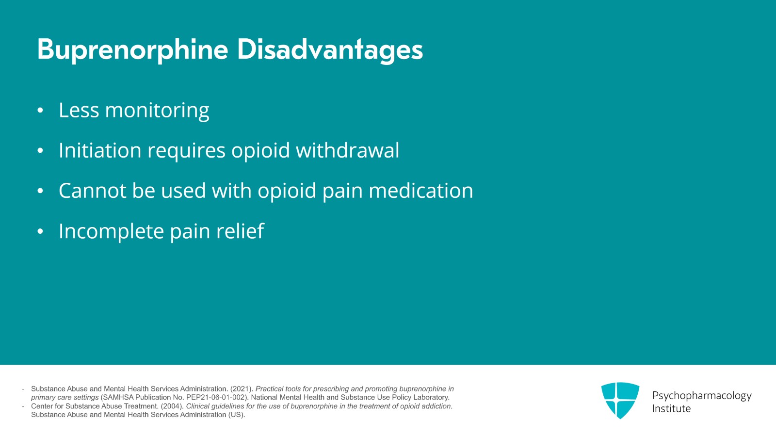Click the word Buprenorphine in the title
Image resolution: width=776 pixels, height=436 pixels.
pyautogui.click(x=133, y=50)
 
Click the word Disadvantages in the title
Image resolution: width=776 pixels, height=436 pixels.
pyautogui.click(x=330, y=50)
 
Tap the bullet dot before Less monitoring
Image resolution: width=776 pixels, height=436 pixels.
pyautogui.click(x=40, y=111)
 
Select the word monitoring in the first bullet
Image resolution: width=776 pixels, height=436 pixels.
pyautogui.click(x=157, y=111)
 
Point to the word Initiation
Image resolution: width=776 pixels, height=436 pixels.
pyautogui.click(x=100, y=150)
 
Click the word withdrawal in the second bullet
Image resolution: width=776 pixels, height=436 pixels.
pyautogui.click(x=347, y=150)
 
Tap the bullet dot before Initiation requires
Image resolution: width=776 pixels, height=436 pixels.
pyautogui.click(x=40, y=151)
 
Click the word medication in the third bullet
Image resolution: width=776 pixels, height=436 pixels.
pyautogui.click(x=421, y=191)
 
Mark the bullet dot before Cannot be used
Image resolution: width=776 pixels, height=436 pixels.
pyautogui.click(x=40, y=191)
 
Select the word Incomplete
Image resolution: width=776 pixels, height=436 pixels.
pyautogui.click(x=111, y=231)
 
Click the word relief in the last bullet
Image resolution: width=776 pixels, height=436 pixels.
pyautogui.click(x=241, y=231)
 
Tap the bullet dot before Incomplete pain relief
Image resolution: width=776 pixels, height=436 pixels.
pyautogui.click(x=40, y=231)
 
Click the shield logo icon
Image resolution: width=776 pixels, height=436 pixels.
pyautogui.click(x=620, y=400)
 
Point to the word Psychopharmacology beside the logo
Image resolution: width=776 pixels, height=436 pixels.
pyautogui.click(x=702, y=396)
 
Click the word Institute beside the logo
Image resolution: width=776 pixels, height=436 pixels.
pyautogui.click(x=671, y=409)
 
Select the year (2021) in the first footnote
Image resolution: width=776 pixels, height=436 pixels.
pyautogui.click(x=242, y=389)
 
